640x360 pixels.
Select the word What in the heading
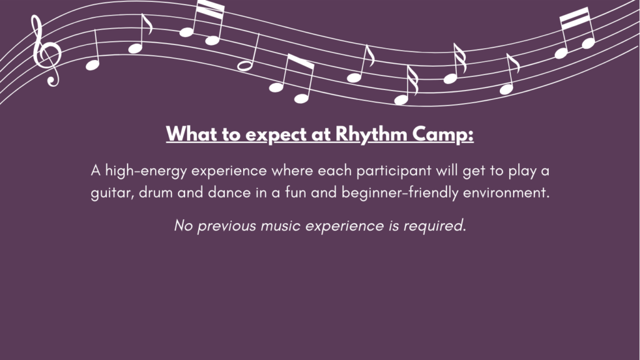(x=191, y=134)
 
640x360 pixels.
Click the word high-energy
(x=146, y=171)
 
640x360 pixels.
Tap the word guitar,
(x=112, y=192)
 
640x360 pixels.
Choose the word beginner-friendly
(x=399, y=192)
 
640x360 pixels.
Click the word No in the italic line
(x=183, y=225)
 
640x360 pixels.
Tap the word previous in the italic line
(x=226, y=226)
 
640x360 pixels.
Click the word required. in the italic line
(x=435, y=226)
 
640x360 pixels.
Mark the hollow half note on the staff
(x=245, y=66)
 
